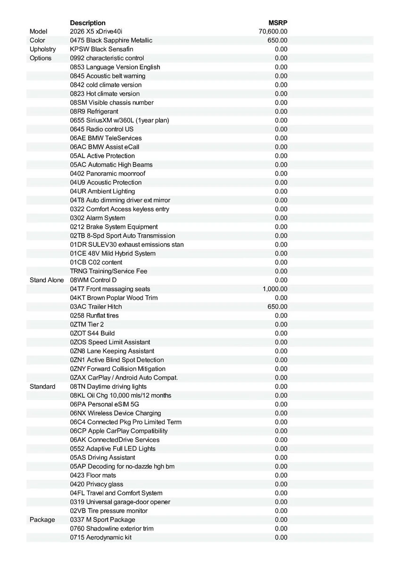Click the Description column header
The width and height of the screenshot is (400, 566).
point(88,23)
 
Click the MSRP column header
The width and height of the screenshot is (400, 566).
point(278,23)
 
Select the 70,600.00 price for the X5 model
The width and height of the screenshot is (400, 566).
point(273,32)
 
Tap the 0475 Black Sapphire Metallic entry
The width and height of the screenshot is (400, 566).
point(111,41)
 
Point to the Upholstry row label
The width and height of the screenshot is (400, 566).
point(42,49)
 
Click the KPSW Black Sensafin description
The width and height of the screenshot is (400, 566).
point(101,49)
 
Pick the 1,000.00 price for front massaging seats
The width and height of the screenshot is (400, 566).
point(275,289)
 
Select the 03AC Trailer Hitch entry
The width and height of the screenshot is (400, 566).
point(96,307)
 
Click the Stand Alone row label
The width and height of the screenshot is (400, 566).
point(47,280)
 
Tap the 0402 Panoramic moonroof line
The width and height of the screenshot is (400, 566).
point(108,174)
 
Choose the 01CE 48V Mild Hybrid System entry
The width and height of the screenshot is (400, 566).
point(113,253)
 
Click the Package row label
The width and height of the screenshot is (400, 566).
point(42,520)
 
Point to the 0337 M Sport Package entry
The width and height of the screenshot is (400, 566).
point(102,520)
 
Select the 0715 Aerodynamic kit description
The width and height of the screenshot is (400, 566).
point(100,537)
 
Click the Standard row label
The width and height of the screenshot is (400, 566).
point(42,386)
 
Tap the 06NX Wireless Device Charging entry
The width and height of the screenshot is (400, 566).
point(116,413)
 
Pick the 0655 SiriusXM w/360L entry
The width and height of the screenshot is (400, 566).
point(119,120)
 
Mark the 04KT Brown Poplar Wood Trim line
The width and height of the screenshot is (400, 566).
point(114,298)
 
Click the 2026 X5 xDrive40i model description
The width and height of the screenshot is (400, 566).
point(96,32)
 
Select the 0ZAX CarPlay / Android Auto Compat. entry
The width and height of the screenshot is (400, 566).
point(124,377)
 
